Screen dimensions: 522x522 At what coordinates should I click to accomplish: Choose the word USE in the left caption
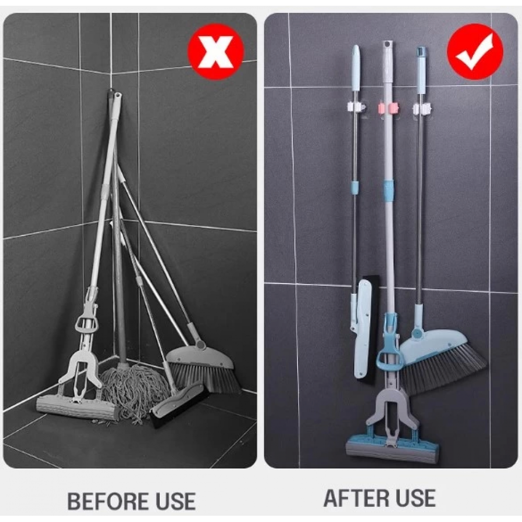point(167,501)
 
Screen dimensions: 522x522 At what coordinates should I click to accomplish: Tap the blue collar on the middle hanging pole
point(387,186)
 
